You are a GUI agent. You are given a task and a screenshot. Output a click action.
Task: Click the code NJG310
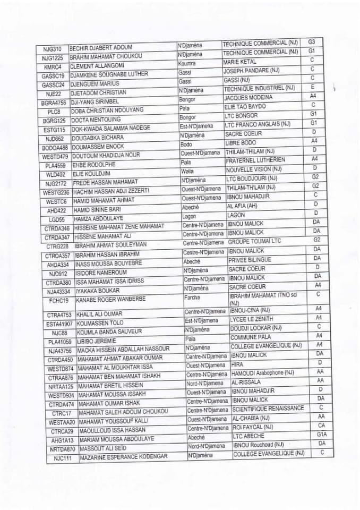pyautogui.click(x=52, y=48)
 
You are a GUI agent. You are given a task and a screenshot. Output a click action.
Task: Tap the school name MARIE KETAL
pyautogui.click(x=239, y=62)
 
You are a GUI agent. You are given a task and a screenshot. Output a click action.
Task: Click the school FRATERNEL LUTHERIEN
pyautogui.click(x=255, y=160)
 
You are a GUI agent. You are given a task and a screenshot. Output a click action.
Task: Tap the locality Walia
pyautogui.click(x=187, y=171)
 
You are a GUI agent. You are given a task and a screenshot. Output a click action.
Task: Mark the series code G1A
pyautogui.click(x=322, y=435)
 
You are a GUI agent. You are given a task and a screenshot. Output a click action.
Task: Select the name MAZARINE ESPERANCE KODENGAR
pyautogui.click(x=123, y=457)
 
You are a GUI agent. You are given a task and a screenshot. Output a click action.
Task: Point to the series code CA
pyautogui.click(x=321, y=426)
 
